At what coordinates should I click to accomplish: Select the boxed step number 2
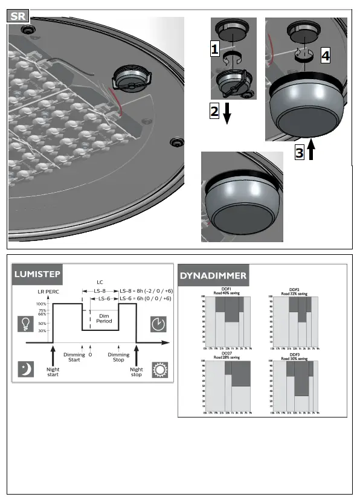[214, 111]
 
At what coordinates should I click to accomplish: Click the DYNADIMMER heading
[213, 275]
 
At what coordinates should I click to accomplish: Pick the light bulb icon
[25, 324]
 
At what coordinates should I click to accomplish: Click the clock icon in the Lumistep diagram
[158, 324]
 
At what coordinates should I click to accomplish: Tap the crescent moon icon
[25, 368]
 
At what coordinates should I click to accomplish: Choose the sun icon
[158, 368]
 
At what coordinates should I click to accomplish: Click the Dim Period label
[104, 318]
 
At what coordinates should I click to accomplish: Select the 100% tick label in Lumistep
[41, 304]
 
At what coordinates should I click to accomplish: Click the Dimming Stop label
[118, 357]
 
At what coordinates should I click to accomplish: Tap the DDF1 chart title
[227, 289]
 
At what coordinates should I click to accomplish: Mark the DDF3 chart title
[294, 354]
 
